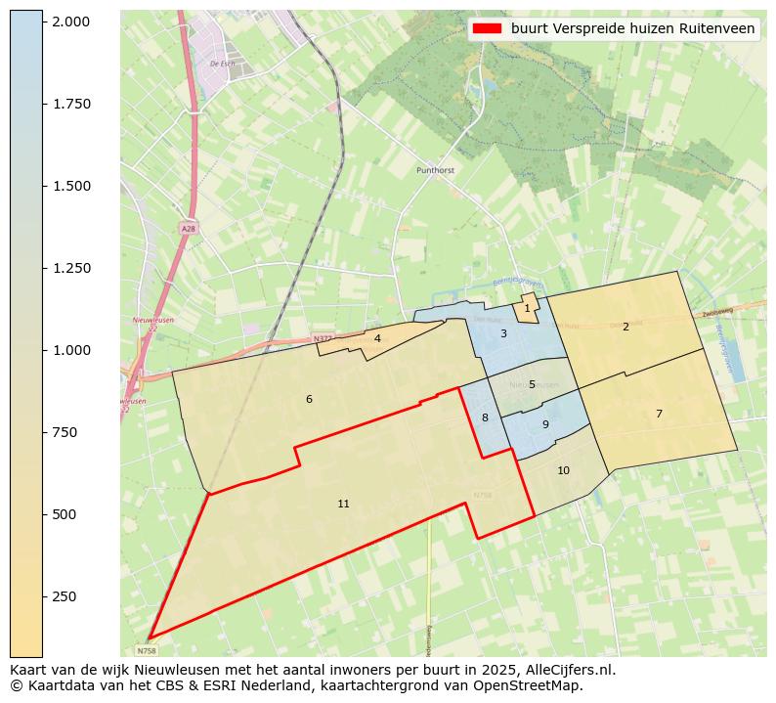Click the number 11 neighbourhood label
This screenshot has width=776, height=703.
click(343, 504)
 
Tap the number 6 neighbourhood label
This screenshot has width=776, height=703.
click(309, 399)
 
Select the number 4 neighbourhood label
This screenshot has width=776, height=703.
click(377, 338)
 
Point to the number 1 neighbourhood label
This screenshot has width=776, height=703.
click(527, 308)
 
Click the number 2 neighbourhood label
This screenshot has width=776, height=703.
click(625, 327)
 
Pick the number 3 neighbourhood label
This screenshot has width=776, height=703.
click(503, 333)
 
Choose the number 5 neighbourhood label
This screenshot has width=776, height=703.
click(532, 384)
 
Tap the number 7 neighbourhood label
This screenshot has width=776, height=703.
click(659, 414)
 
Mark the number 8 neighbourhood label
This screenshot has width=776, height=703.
click(485, 417)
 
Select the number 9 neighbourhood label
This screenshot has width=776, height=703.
click(545, 424)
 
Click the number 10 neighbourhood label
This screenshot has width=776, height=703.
click(563, 470)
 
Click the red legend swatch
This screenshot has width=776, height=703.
click(486, 28)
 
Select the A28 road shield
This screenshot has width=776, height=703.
click(188, 228)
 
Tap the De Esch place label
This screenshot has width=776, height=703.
click(222, 64)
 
